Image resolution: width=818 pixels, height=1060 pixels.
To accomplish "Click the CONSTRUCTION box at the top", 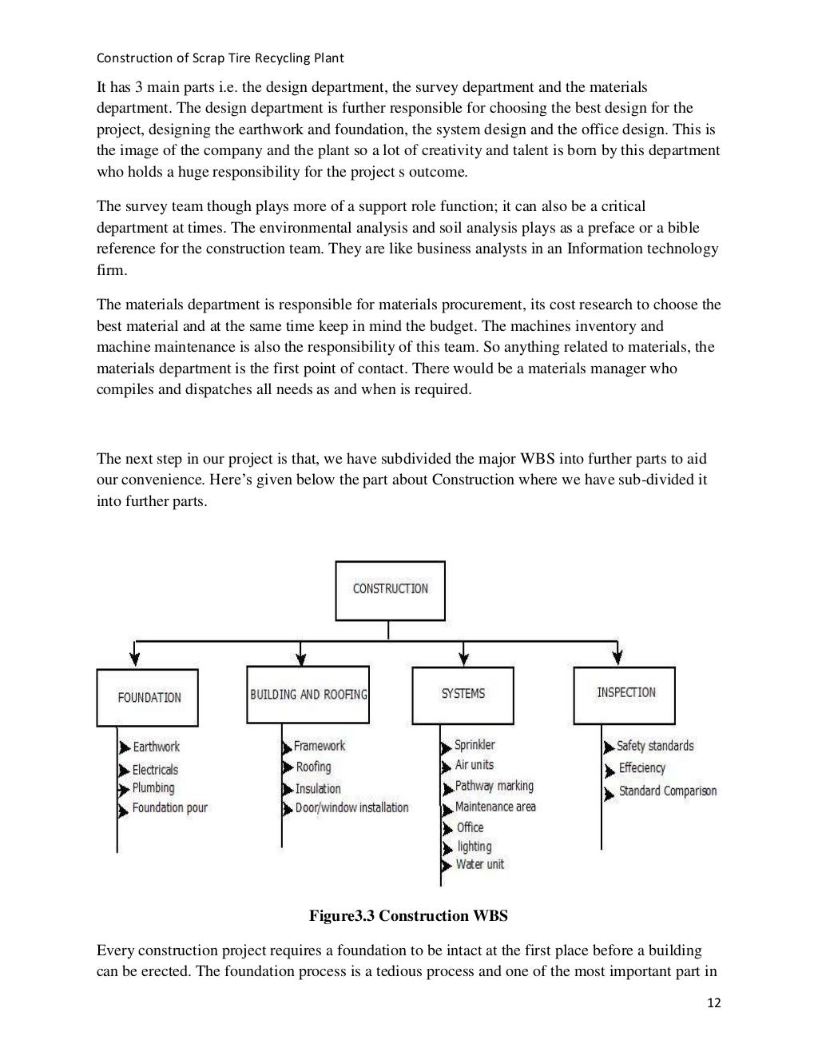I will tap(390, 590).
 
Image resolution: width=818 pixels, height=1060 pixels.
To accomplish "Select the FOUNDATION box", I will tap(148, 697).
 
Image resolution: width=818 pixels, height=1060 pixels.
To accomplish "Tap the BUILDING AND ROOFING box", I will tap(308, 694).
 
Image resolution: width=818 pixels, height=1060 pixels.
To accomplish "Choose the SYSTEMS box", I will tap(463, 694).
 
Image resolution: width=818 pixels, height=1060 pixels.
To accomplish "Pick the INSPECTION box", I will tap(625, 693).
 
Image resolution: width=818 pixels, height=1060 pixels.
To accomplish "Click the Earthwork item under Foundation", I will tap(156, 747).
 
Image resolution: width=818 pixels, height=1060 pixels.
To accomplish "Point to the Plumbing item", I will tap(153, 788).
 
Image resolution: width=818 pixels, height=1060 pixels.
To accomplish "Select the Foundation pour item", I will tap(169, 808).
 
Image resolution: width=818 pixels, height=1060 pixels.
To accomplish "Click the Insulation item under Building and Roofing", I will tap(318, 788).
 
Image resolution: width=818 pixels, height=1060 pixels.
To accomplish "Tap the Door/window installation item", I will tap(351, 808).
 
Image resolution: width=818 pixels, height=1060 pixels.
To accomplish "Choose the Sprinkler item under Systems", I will tap(475, 745).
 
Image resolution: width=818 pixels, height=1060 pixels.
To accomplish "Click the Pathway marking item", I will tap(494, 787).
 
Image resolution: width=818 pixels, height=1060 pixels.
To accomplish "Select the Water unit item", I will tap(479, 864).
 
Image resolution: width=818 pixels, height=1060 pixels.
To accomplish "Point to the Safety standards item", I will tap(655, 746).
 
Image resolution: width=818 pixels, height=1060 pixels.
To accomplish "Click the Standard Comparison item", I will tap(667, 791).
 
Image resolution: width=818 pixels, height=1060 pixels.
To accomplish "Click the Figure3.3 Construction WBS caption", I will tap(408, 916).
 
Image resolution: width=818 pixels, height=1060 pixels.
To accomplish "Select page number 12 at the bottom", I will tap(713, 1002).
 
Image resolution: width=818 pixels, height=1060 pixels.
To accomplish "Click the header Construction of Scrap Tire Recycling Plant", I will tap(220, 58).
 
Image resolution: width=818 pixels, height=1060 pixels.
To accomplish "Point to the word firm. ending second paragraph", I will tap(112, 270).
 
